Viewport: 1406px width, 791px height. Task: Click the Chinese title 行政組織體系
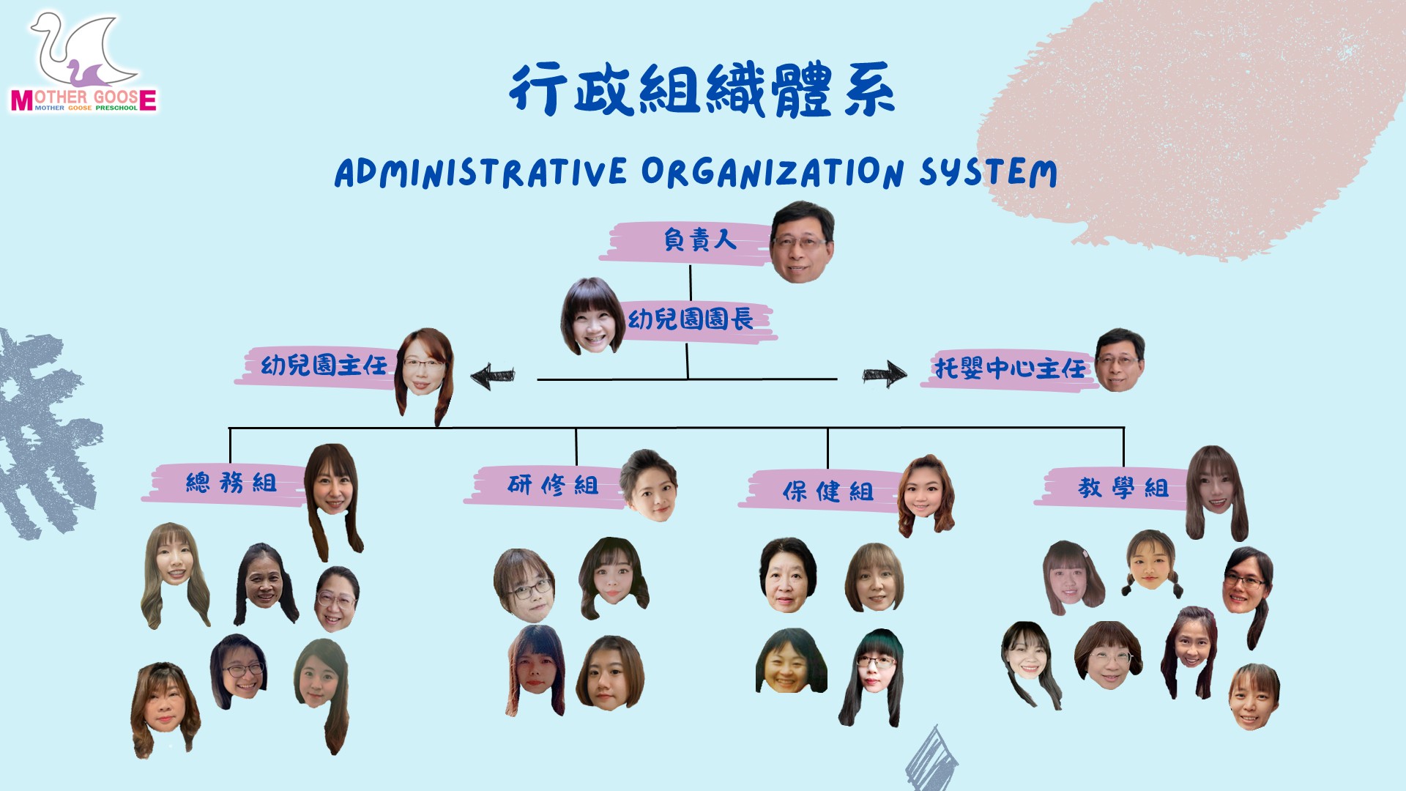point(702,89)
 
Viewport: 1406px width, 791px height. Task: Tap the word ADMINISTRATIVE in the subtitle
point(480,173)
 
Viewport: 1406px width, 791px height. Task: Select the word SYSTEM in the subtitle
point(988,173)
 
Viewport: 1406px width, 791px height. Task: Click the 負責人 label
point(699,240)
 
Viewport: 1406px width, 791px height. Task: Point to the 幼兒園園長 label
point(691,319)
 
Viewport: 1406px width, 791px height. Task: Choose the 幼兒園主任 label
point(324,365)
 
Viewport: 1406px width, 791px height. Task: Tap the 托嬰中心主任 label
point(1010,368)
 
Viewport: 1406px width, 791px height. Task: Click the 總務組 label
point(231,483)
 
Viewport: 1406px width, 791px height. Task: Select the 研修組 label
point(553,485)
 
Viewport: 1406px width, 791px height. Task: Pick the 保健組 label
point(827,491)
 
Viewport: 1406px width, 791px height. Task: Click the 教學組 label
point(1123,488)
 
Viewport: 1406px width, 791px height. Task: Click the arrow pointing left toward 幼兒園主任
point(492,376)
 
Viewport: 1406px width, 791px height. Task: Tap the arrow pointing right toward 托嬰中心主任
point(885,374)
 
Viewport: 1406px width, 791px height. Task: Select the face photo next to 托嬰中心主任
point(1119,361)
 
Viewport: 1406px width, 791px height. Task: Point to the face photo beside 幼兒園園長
point(592,317)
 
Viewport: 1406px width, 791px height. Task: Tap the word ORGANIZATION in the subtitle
point(772,173)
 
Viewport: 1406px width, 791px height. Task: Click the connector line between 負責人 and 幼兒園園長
point(691,283)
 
